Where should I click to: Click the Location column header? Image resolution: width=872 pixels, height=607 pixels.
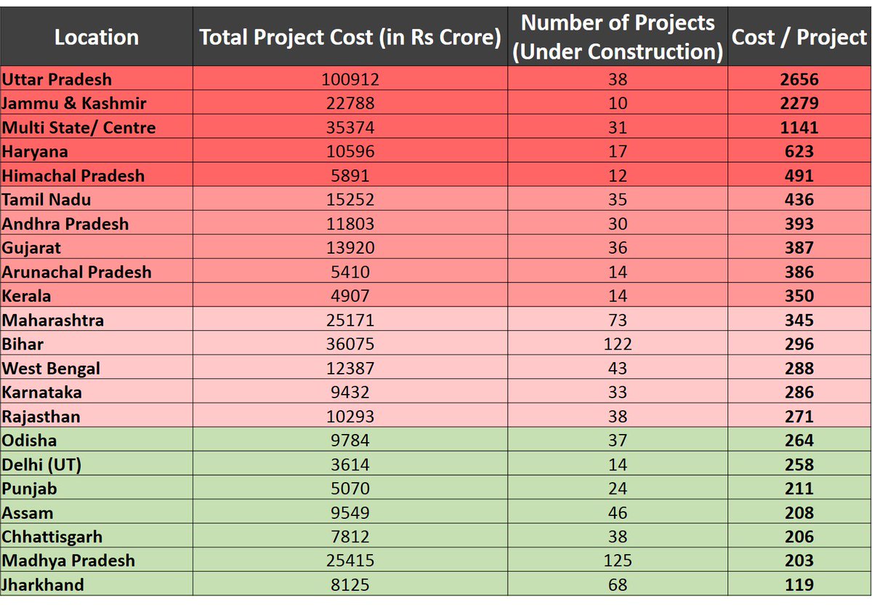[x=97, y=37]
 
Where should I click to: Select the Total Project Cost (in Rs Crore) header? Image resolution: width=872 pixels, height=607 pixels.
[x=350, y=37]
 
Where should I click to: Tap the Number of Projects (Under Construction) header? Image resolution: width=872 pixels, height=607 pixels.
[x=618, y=37]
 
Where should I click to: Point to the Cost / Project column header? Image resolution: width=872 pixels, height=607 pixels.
[x=799, y=37]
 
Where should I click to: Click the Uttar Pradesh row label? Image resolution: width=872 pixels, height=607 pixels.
[x=57, y=79]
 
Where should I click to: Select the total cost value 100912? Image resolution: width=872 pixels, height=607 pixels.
[x=350, y=79]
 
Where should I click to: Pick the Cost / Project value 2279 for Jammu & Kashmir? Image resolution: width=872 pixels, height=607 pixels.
[x=799, y=103]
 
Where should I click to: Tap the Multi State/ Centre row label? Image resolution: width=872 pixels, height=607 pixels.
[x=79, y=127]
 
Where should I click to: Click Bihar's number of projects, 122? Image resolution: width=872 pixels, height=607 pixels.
[x=618, y=344]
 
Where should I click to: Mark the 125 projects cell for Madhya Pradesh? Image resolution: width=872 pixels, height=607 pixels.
[x=618, y=560]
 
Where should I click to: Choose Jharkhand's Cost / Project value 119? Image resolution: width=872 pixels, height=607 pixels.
[x=799, y=584]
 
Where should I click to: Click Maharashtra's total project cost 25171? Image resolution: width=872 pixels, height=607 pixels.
[x=350, y=320]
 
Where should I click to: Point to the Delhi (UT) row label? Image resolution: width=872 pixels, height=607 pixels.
[x=41, y=464]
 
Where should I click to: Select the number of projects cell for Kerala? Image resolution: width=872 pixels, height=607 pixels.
[x=618, y=296]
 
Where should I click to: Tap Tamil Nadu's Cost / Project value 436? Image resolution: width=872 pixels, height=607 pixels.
[x=799, y=199]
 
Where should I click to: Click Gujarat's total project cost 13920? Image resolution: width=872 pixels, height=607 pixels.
[x=350, y=248]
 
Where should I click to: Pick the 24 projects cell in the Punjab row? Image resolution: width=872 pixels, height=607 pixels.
[x=618, y=488]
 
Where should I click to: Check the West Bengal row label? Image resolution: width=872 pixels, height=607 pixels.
[x=52, y=368]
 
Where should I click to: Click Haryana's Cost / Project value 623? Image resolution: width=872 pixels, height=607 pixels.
[x=799, y=151]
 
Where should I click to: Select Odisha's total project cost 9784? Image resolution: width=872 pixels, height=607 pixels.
[x=350, y=440]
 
